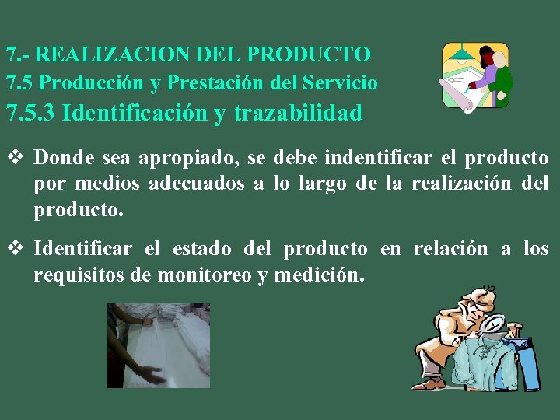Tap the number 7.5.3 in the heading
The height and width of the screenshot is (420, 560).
(30, 114)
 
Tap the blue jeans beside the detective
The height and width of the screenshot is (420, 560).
(527, 362)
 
